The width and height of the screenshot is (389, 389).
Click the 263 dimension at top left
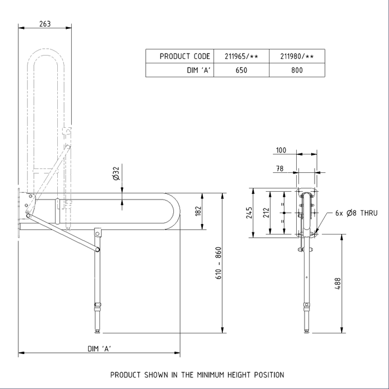(46, 23)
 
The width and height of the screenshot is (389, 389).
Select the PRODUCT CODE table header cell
(184, 57)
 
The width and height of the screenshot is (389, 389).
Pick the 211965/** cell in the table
(241, 57)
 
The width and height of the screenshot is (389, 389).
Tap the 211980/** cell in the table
(297, 57)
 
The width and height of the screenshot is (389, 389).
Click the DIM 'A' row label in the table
(197, 71)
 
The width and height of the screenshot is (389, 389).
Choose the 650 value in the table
(241, 71)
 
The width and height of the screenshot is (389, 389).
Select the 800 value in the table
(297, 71)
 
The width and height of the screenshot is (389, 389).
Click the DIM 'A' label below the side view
(99, 348)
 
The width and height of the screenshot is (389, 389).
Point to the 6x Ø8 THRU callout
(357, 213)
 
